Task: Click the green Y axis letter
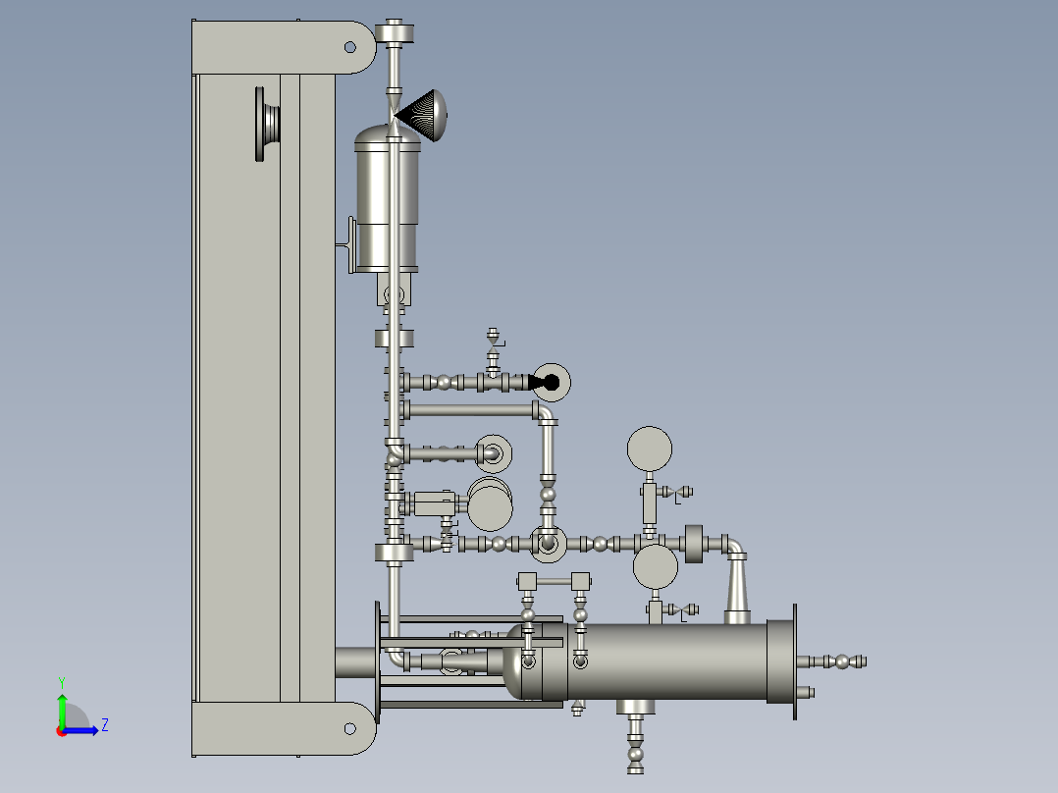(62, 682)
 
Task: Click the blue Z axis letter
(105, 725)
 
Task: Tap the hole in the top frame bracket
(349, 46)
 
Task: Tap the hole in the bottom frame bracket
(349, 728)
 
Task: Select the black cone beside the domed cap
(413, 115)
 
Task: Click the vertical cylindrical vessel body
(388, 199)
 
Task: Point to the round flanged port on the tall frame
(268, 124)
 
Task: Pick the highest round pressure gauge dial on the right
(649, 449)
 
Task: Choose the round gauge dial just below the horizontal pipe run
(656, 566)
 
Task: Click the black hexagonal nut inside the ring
(551, 383)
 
